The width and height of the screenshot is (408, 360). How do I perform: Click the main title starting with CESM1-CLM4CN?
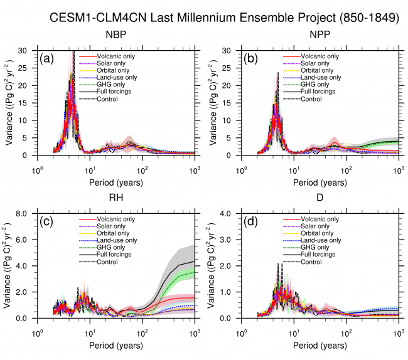224,17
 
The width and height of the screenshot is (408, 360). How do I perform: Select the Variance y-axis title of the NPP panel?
214,103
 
